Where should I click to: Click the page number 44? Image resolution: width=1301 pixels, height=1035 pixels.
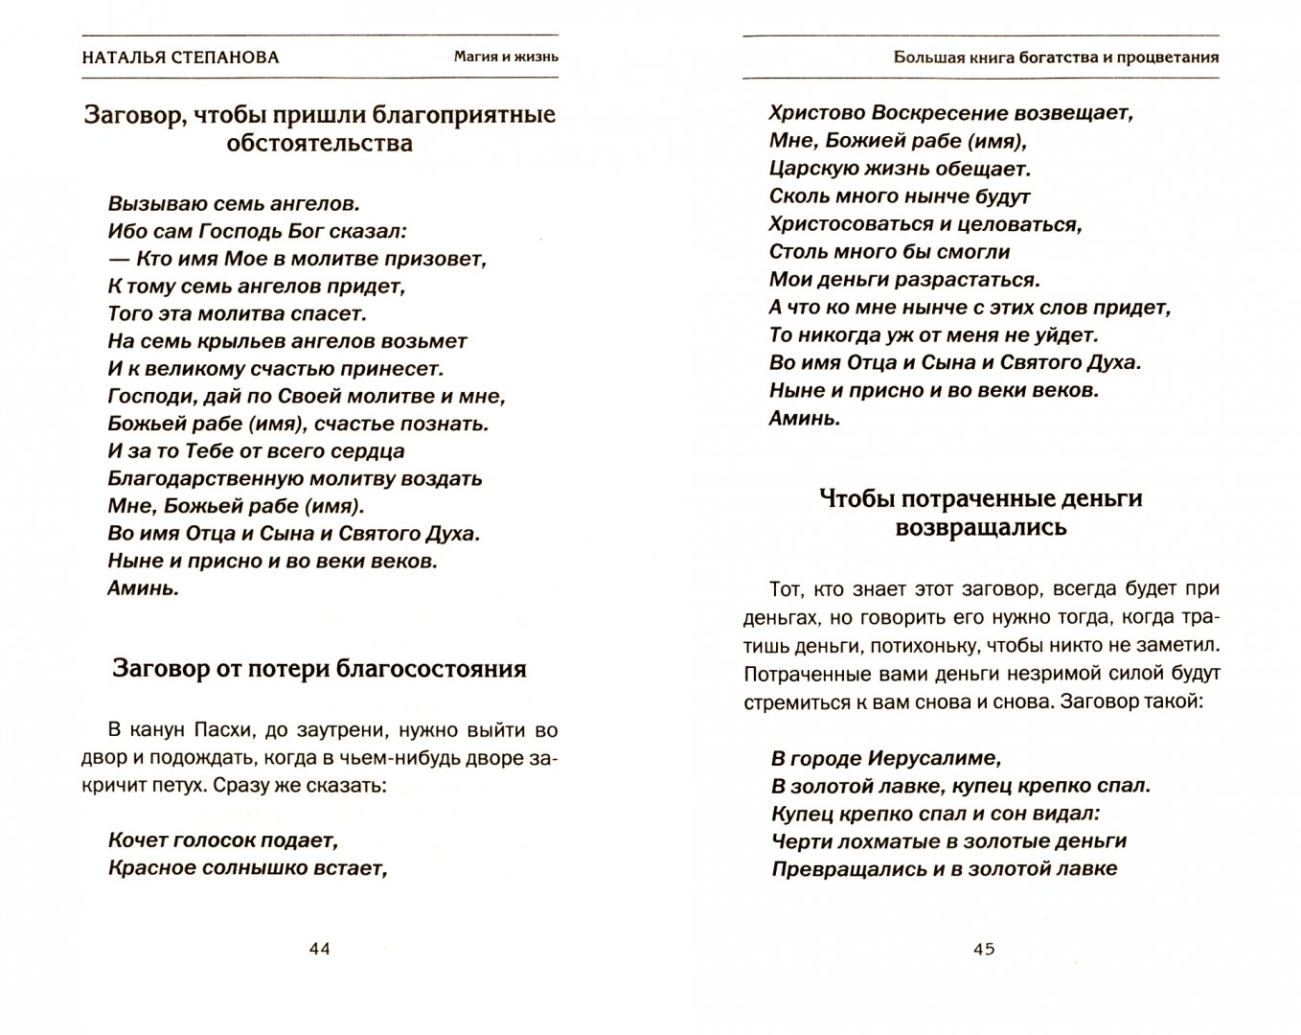319,949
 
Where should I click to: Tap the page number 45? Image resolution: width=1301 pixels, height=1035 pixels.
984,949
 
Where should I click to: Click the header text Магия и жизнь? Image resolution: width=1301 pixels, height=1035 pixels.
506,57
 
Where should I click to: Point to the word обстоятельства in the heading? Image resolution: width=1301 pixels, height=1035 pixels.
320,144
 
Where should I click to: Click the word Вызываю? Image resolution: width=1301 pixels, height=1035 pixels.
151,204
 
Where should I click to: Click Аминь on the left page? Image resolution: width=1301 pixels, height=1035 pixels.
144,589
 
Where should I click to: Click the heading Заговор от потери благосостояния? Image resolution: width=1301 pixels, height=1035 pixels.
320,668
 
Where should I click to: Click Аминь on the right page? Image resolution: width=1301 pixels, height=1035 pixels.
805,419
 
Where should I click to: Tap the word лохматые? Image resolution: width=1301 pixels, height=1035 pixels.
879,841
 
